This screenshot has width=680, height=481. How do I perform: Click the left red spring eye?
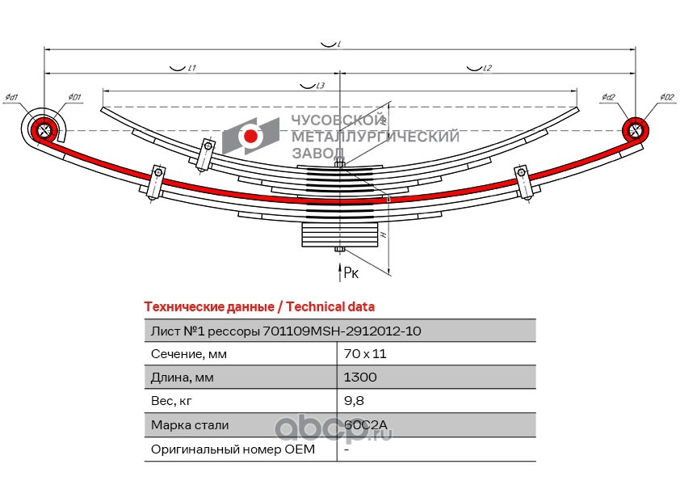click(x=45, y=129)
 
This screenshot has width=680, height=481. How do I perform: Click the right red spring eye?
click(x=636, y=129)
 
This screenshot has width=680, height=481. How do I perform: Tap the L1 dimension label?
click(x=193, y=69)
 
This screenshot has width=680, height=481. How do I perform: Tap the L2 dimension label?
click(x=487, y=69)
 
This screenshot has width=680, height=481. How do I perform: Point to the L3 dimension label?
click(x=321, y=85)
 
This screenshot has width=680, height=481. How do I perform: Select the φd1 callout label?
click(x=11, y=99)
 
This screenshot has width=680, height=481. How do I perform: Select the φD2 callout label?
click(x=666, y=98)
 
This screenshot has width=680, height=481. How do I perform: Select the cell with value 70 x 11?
click(x=360, y=354)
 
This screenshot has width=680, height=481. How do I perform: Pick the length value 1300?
click(x=360, y=378)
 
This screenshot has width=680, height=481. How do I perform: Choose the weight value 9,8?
click(x=352, y=401)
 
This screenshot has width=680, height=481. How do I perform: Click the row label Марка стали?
click(x=190, y=425)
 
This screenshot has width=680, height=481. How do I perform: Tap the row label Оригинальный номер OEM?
click(x=233, y=449)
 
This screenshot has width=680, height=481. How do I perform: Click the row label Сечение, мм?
click(x=188, y=354)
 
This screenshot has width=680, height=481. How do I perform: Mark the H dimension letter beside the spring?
click(x=381, y=234)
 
